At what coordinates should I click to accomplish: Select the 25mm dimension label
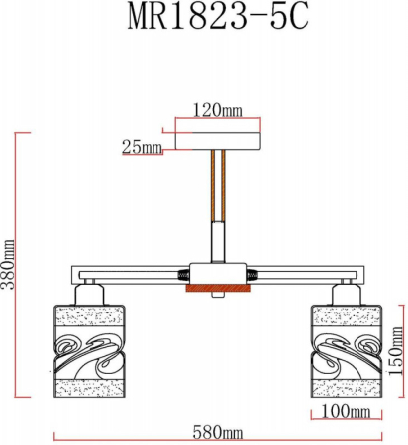pyautogui.click(x=142, y=148)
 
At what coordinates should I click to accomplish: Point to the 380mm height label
pyautogui.click(x=9, y=263)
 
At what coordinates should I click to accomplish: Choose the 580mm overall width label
pyautogui.click(x=218, y=433)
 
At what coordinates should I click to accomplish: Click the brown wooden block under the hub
pyautogui.click(x=217, y=290)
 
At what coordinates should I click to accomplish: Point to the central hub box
pyautogui.click(x=217, y=272)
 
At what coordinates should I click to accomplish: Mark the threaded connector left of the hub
pyautogui.click(x=181, y=273)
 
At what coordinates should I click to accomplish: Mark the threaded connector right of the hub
pyautogui.click(x=253, y=273)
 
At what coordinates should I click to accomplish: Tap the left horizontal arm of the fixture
pyautogui.click(x=119, y=273)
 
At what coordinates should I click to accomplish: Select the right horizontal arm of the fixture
pyautogui.click(x=312, y=273)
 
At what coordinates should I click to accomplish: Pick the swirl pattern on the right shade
pyautogui.click(x=346, y=352)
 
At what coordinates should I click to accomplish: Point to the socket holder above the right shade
pyautogui.click(x=347, y=291)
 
